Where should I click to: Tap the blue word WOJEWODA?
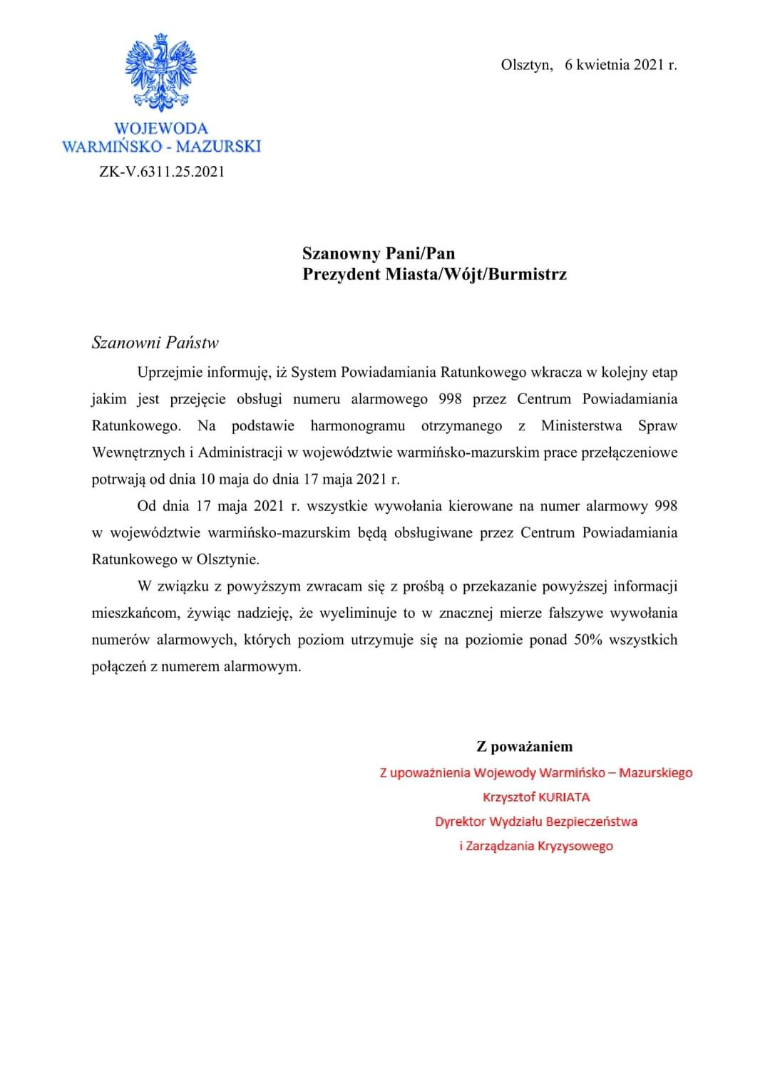tap(161, 129)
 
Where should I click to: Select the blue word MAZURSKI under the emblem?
tap(218, 147)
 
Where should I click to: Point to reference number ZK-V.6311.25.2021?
tap(162, 172)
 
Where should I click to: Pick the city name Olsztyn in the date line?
tap(526, 65)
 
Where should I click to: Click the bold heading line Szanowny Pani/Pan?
tap(378, 254)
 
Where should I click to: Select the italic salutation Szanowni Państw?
tap(155, 343)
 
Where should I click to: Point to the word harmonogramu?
tap(357, 426)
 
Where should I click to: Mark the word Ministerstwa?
tap(581, 426)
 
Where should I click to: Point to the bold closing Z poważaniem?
tap(524, 747)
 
